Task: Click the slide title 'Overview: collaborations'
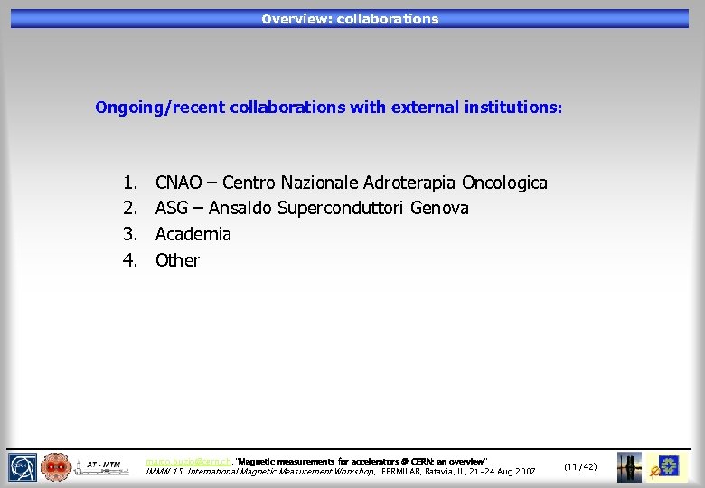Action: (350, 19)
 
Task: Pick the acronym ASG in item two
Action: (171, 209)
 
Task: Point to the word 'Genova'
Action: (439, 209)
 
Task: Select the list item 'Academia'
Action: (193, 235)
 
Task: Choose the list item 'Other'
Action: (177, 260)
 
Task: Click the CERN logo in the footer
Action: (23, 467)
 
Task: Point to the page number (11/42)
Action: (579, 466)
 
